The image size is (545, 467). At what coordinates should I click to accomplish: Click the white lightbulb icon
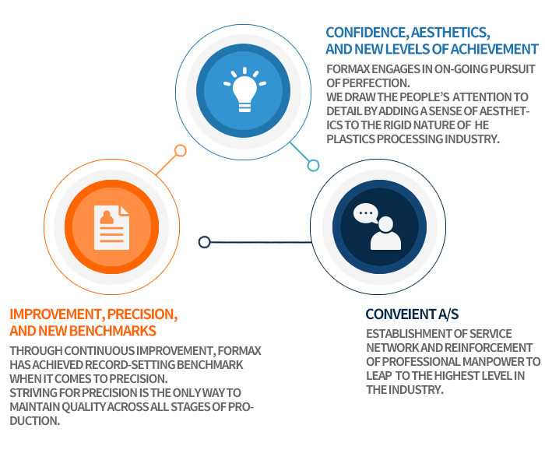coord(244,90)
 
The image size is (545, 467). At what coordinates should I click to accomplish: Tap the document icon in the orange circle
coord(111,227)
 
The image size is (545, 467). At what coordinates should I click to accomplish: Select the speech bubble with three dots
coord(366,213)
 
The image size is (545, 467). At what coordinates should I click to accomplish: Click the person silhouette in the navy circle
coord(386,233)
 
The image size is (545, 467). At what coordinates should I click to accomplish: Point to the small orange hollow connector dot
coord(181,151)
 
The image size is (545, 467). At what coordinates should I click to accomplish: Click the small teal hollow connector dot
coord(313,165)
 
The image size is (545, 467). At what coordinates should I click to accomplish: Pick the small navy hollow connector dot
coord(204,242)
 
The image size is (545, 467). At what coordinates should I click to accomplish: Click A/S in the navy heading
coord(448,314)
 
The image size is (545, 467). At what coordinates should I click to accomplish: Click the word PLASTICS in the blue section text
coord(350,139)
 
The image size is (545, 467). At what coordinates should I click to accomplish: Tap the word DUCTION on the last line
coord(35,421)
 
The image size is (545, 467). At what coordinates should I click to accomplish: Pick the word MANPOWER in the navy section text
coord(493,362)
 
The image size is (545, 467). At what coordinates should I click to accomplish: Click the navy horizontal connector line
coord(261,242)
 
